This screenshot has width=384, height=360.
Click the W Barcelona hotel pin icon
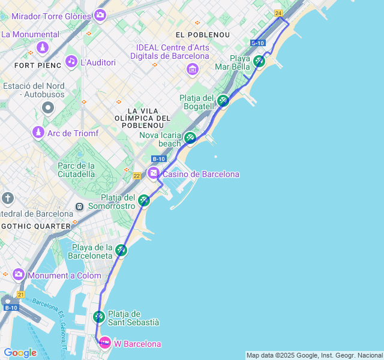[x=105, y=343]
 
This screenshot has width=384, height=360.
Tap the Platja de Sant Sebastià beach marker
[x=99, y=316]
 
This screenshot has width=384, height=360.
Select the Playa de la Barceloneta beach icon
[x=121, y=250]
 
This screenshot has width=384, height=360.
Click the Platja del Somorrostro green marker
[x=143, y=200]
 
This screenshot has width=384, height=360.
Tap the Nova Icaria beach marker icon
[x=190, y=137]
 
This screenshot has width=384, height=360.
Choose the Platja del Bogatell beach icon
[x=223, y=100]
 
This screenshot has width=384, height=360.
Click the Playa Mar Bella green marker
[x=259, y=61]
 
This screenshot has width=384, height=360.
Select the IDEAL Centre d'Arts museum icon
[x=193, y=70]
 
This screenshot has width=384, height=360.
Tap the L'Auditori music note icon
[x=71, y=61]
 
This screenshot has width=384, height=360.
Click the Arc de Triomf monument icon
[x=38, y=132]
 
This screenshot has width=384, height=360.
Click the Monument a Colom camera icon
[x=19, y=274]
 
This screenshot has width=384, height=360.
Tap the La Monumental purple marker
[x=43, y=47]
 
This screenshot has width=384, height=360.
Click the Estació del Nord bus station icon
[x=47, y=108]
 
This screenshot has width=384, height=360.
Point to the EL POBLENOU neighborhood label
[x=199, y=35]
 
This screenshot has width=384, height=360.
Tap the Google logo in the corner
[x=20, y=353]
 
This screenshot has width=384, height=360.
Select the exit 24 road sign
[x=278, y=13]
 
